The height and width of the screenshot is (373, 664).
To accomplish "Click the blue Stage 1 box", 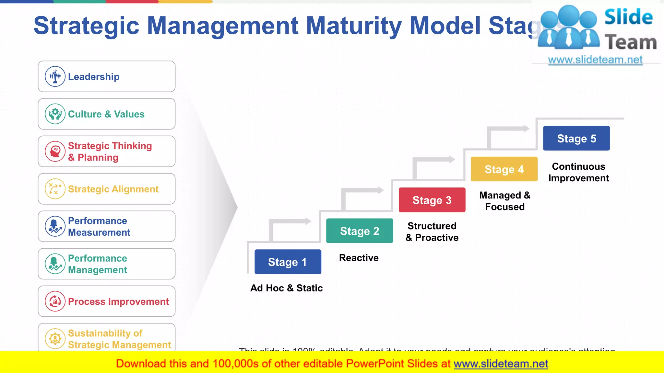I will coord(288,262).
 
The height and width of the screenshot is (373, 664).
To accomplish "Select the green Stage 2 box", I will coord(359,231).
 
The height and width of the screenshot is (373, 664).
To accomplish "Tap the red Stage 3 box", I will coord(432,200).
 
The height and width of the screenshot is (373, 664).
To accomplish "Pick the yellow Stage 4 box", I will coord(504,169).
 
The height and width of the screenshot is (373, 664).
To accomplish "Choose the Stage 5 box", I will coord(576,138).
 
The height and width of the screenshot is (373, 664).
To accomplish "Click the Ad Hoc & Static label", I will coord(286,288).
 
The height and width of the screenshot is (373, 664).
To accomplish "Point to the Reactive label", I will coord(359,258).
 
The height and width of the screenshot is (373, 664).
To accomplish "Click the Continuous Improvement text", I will coord(578,172).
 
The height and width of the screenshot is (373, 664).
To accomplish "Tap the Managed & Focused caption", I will coord(505,201).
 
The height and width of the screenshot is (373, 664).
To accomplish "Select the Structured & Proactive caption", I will coord(432,232).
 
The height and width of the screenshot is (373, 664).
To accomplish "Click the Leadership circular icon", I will coord(55,77).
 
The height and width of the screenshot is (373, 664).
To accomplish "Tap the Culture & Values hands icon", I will coord(55,114).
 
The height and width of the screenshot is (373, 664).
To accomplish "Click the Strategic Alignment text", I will coord(113,189).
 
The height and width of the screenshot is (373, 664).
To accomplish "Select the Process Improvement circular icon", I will coord(55,301).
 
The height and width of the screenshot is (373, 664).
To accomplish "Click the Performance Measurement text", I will coord(99,226).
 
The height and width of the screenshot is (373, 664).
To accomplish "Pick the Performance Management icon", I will coord(55,264).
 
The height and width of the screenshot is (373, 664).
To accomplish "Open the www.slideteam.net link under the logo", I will coord(595,60).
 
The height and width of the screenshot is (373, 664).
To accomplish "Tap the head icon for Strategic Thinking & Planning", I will coord(55,151).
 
